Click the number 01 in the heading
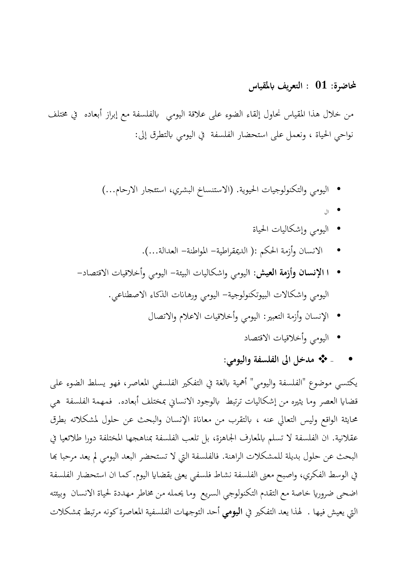(x=321, y=86)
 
